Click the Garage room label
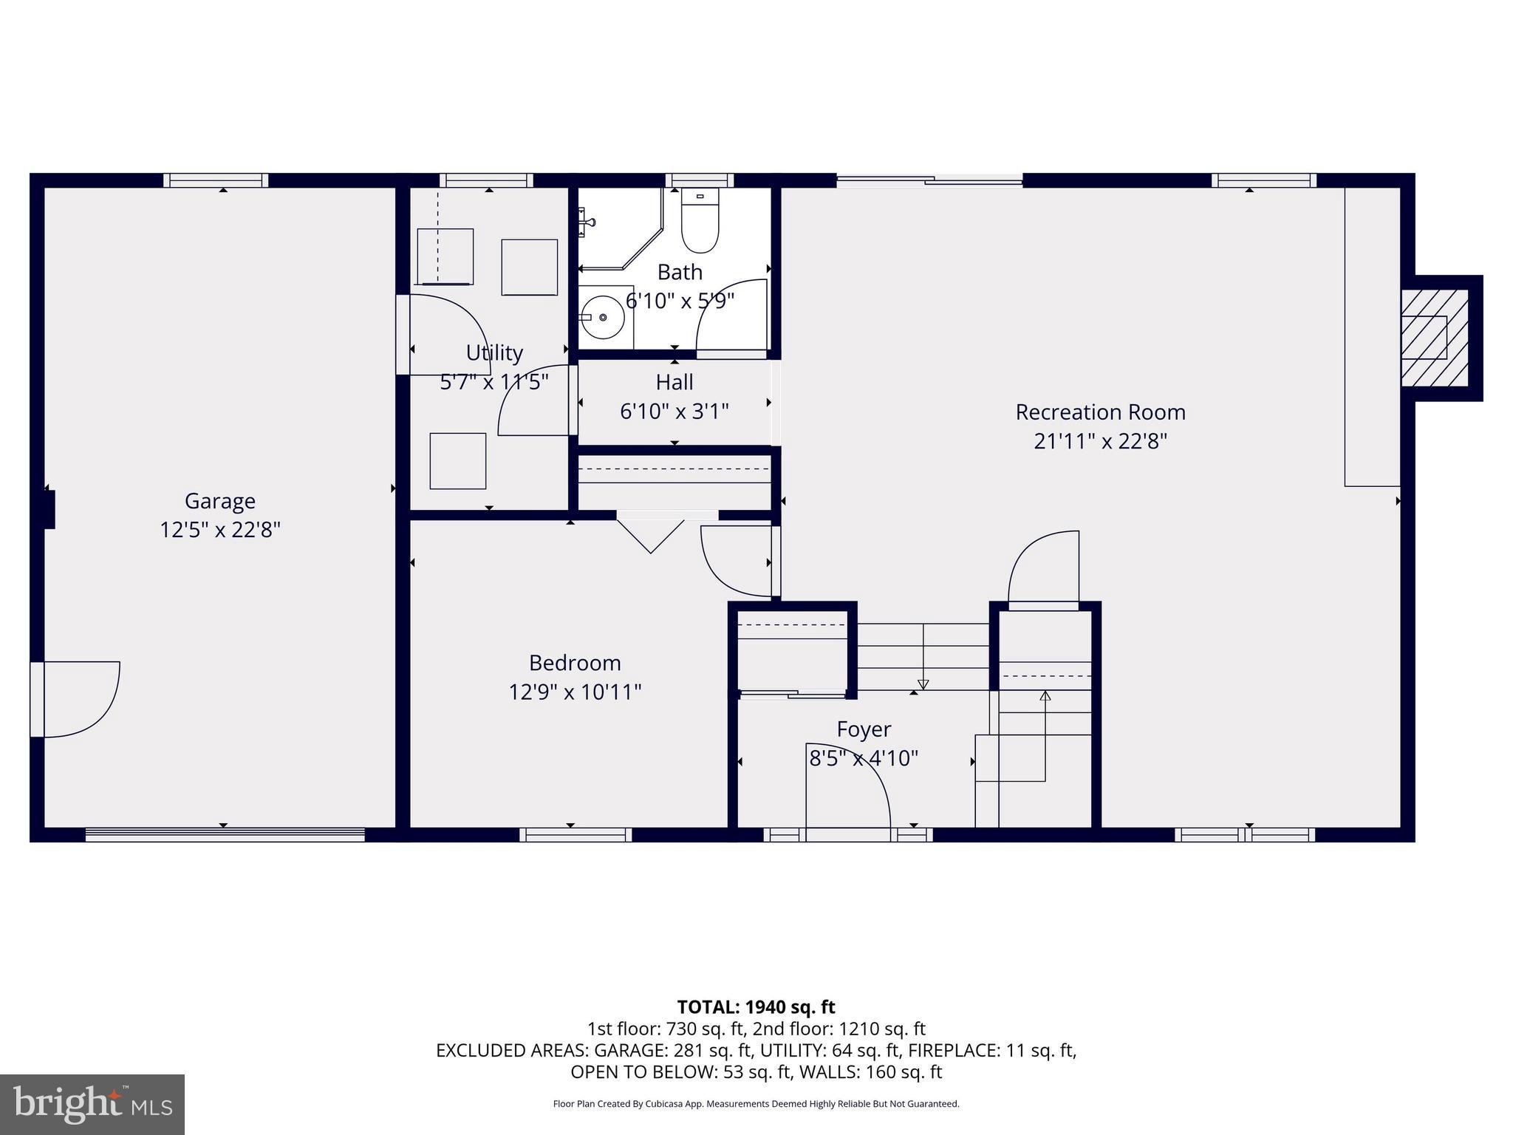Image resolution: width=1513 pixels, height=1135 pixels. [x=219, y=501]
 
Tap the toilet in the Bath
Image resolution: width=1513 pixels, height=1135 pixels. [x=700, y=222]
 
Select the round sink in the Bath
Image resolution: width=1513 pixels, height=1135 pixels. [x=603, y=317]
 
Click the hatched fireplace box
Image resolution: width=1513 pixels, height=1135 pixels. [x=1434, y=338]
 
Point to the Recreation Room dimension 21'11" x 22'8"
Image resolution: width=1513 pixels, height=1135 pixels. [x=1100, y=441]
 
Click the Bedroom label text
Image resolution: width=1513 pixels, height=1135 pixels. [x=574, y=662]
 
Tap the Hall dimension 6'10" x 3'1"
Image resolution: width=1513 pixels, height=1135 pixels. [x=674, y=412]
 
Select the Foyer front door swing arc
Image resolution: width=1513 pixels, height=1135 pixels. [x=850, y=783]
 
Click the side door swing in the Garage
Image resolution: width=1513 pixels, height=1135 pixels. [x=78, y=698]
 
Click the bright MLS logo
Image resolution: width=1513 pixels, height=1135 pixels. [x=92, y=1104]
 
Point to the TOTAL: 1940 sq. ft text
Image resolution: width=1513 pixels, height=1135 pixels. [x=756, y=1006]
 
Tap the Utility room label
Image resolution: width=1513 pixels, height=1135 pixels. [x=494, y=352]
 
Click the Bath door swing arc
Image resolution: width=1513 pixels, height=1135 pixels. [x=731, y=314]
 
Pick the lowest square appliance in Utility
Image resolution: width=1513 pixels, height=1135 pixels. [x=458, y=461]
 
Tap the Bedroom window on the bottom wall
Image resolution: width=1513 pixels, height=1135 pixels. [x=576, y=834]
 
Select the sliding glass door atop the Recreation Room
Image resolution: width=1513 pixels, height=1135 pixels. [x=929, y=179]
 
